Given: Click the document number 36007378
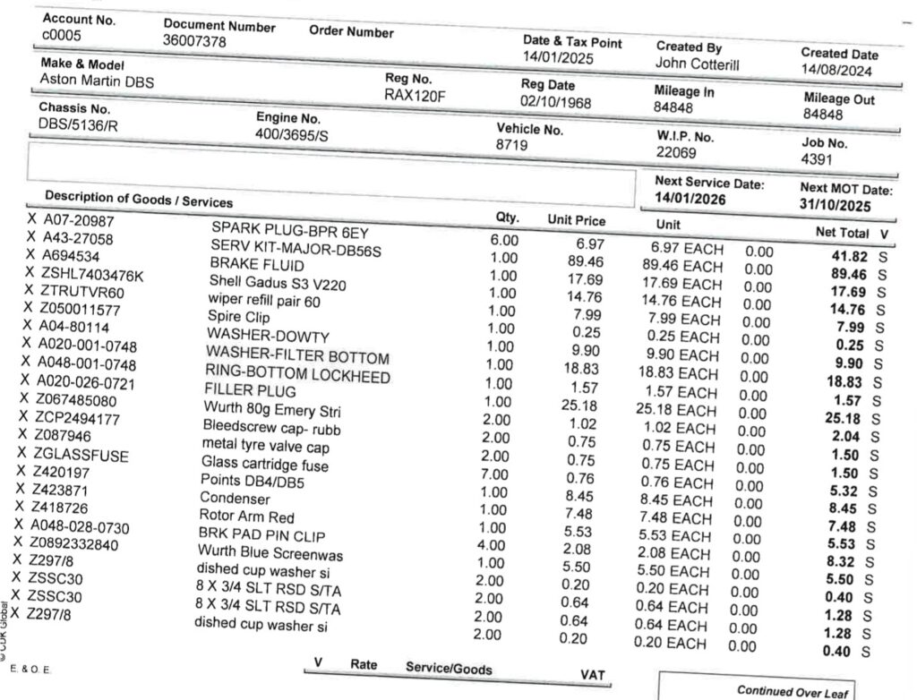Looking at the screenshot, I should [194, 41].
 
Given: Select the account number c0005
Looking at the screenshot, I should [61, 34].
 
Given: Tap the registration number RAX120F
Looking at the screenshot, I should [415, 96].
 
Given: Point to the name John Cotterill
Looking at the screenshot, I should [698, 64].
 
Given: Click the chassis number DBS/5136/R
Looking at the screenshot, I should [79, 124].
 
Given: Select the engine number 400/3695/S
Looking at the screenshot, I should [293, 134].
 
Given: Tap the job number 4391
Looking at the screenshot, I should [818, 159].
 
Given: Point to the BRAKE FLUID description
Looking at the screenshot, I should [256, 265].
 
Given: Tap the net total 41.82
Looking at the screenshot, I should [848, 256].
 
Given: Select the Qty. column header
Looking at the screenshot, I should [507, 218].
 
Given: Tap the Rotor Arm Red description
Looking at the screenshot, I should [246, 516].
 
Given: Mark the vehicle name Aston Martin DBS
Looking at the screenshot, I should [98, 81].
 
